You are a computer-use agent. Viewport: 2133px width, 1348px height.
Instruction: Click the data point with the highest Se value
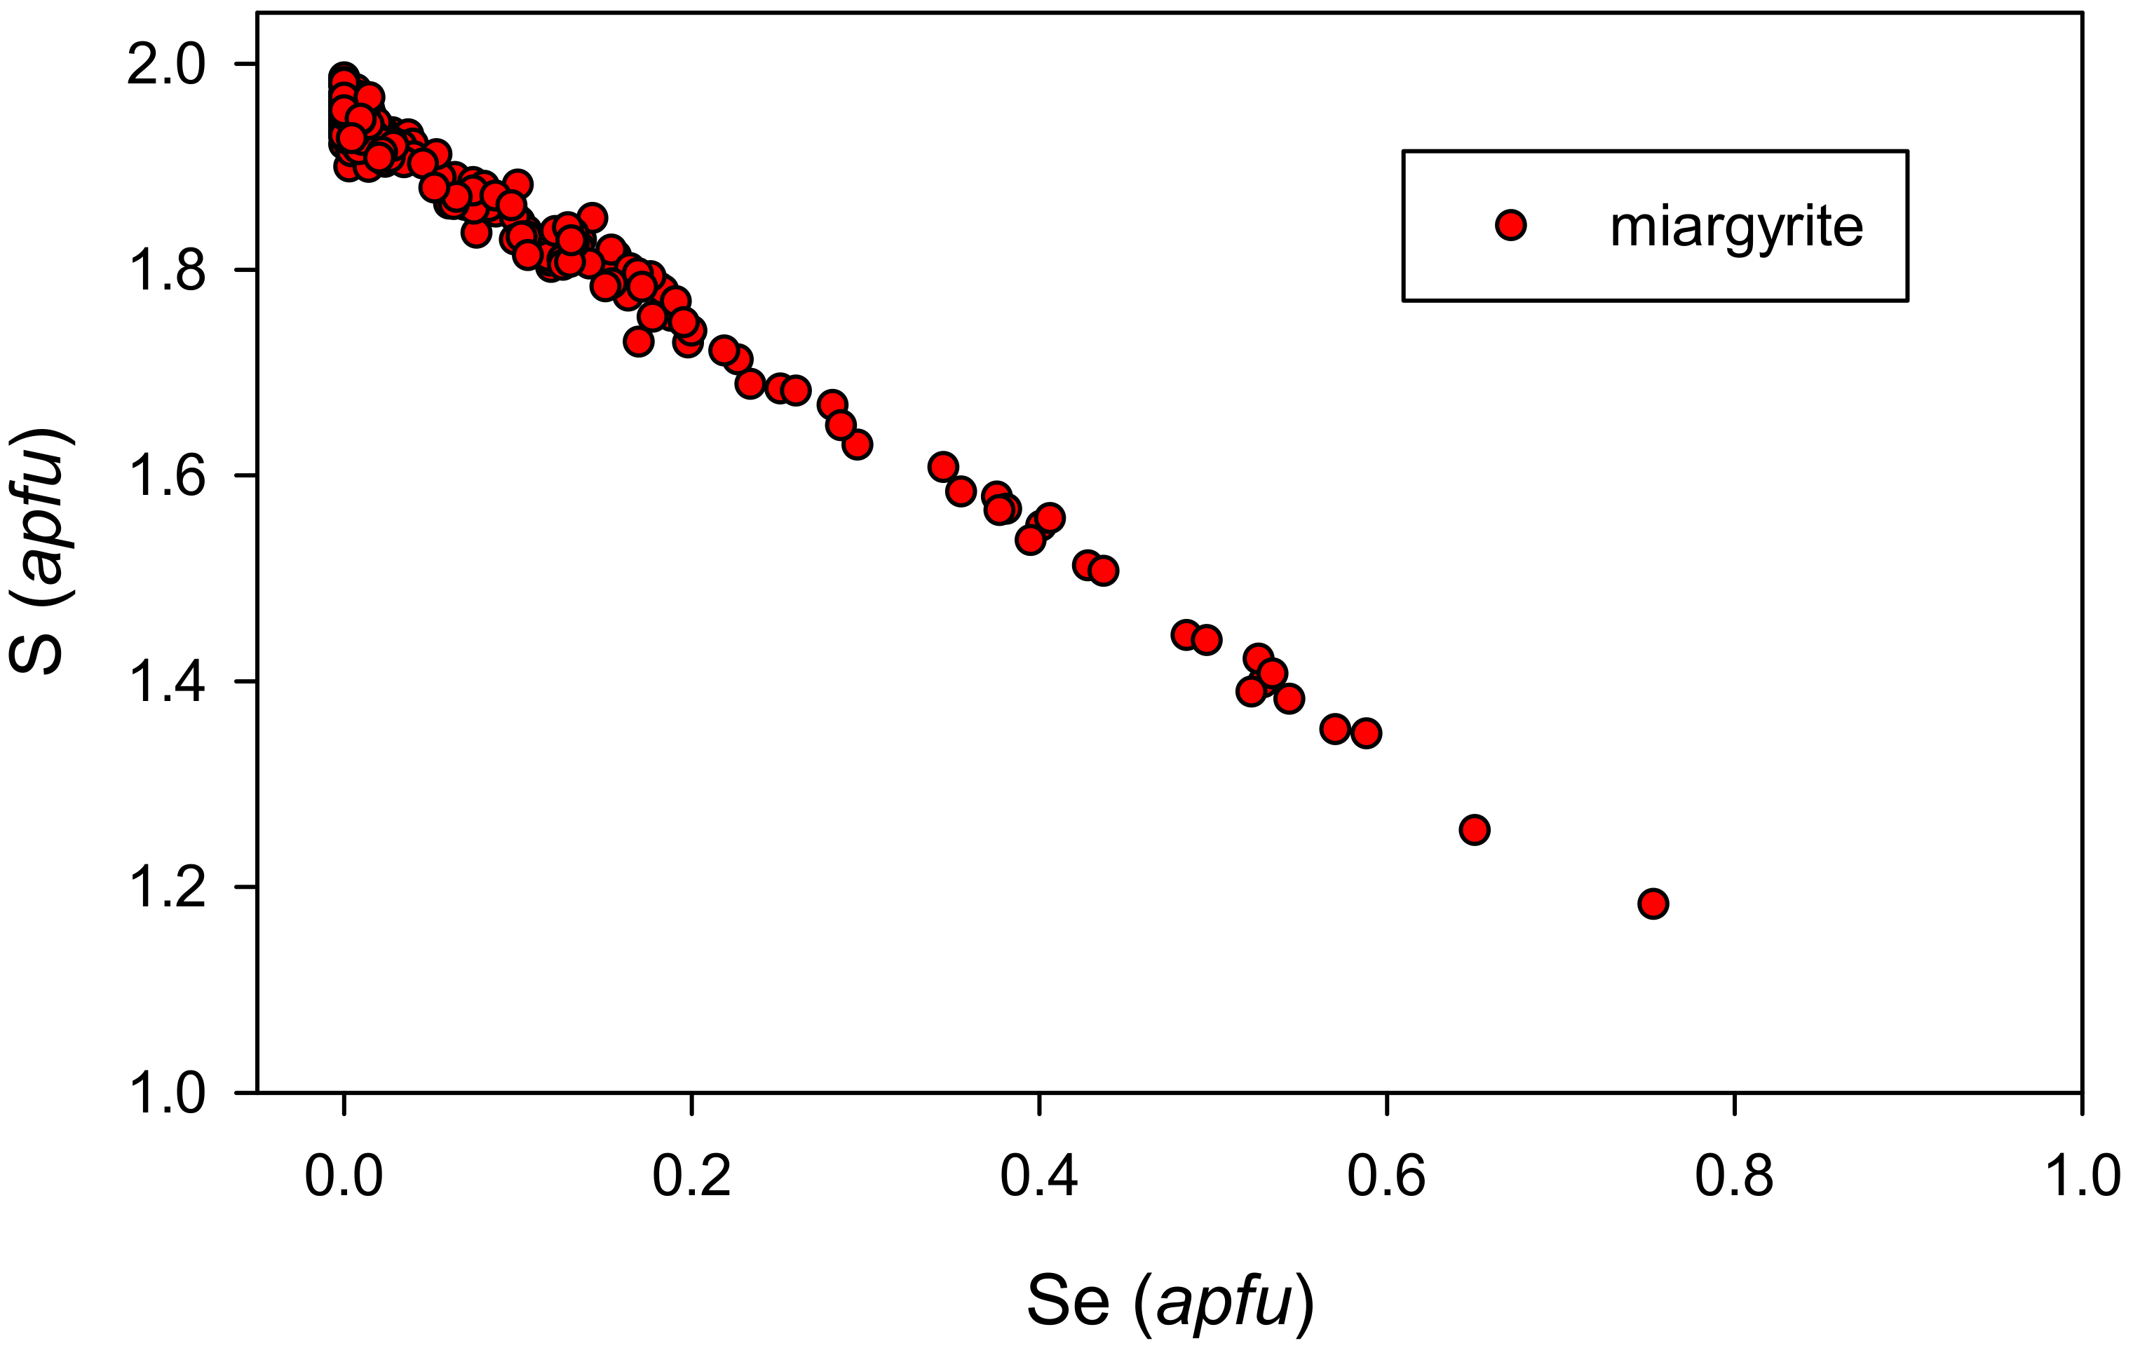pos(1653,904)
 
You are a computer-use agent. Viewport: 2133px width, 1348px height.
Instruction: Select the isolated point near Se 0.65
pos(1474,830)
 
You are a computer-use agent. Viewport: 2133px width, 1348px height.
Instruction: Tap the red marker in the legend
pos(1510,226)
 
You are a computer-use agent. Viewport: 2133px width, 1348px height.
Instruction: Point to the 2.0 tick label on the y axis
pos(165,64)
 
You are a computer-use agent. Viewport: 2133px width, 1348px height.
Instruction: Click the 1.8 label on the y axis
pos(165,270)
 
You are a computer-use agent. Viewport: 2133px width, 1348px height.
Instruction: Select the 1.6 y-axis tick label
pos(165,475)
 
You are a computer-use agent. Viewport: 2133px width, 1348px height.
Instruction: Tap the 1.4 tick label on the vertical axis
pos(165,681)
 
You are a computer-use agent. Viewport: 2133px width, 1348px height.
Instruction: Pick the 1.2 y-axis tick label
pos(165,887)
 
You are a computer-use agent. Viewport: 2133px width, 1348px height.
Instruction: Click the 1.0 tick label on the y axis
pos(165,1092)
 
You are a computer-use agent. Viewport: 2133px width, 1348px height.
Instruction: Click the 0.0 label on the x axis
pos(344,1176)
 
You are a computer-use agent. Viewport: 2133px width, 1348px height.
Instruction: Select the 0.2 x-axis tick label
pos(691,1176)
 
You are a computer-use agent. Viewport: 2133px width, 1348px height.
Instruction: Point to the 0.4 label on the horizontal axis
pos(1039,1176)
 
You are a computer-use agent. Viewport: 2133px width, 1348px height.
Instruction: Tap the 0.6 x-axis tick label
pos(1386,1176)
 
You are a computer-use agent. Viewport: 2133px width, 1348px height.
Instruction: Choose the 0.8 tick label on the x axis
pos(1733,1176)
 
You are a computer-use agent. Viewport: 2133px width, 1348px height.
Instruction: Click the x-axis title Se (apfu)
pos(1170,1302)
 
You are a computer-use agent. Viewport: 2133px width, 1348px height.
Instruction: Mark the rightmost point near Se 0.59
pos(1366,733)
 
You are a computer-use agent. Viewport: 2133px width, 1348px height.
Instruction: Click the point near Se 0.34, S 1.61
pos(943,467)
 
